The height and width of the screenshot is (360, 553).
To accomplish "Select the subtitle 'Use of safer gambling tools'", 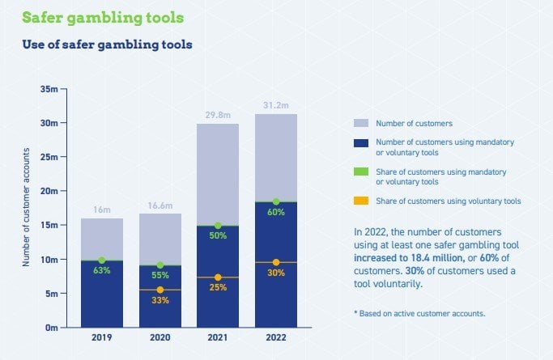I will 107,44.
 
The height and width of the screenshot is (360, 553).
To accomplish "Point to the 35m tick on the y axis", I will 49,88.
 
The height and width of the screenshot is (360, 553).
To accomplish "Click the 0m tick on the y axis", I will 50,328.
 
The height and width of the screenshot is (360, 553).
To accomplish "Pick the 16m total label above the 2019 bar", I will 101,210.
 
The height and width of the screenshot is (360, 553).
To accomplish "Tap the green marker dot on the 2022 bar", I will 275,201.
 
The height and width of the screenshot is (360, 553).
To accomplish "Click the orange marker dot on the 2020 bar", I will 160,290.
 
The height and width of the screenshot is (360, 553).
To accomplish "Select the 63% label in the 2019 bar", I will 101,270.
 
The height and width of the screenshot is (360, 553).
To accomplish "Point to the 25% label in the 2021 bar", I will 217,287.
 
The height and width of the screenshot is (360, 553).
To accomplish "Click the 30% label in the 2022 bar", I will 275,273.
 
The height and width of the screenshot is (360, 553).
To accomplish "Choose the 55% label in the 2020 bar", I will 160,275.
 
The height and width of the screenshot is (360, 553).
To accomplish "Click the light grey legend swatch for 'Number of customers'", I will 360,123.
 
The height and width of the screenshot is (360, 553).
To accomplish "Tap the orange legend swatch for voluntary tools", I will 360,201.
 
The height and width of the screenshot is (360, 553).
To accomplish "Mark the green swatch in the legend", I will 360,172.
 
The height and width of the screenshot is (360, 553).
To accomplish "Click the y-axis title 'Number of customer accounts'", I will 26,208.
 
